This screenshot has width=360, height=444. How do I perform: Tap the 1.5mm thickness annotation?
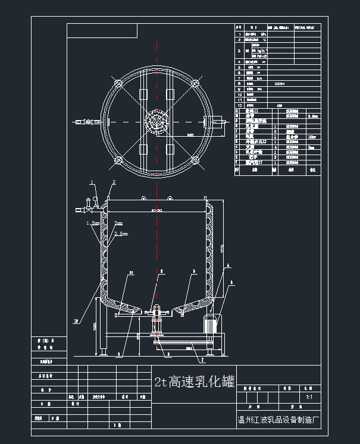click(x=93, y=223)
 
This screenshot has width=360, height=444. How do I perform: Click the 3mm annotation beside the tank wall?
click(x=118, y=223)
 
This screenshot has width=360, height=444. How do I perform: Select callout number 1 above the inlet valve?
click(x=92, y=181)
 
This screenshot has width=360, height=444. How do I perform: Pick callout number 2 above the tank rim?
click(x=114, y=181)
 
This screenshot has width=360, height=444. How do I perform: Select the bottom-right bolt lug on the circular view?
click(x=195, y=160)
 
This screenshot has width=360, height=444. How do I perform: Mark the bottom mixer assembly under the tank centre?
click(x=158, y=324)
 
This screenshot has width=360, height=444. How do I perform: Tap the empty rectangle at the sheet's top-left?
click(x=102, y=31)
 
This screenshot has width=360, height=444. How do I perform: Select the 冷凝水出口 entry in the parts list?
click(x=256, y=142)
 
